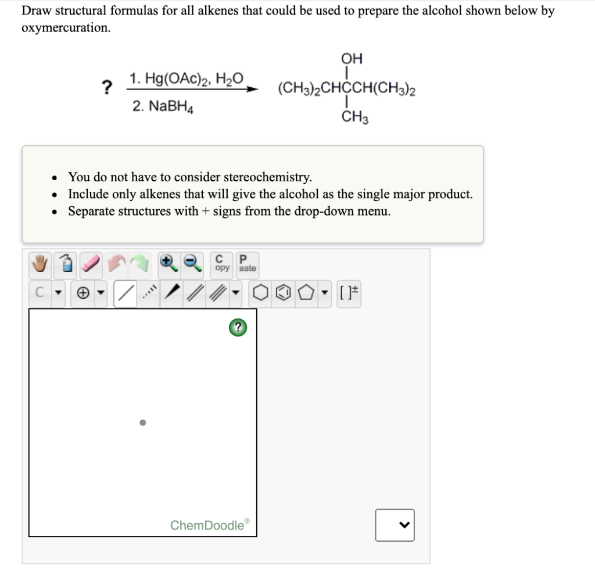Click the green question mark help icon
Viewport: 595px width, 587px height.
point(237,328)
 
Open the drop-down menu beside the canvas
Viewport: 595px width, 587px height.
point(395,525)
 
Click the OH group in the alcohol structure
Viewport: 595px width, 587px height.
point(352,58)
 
